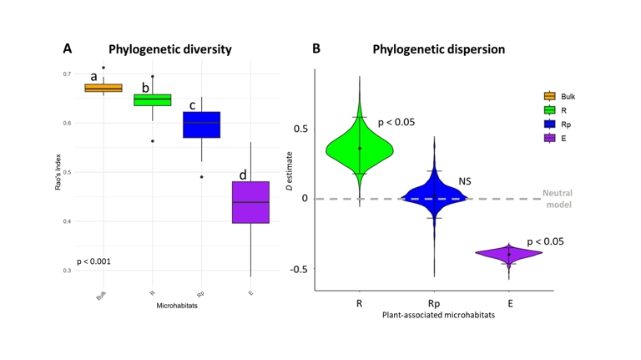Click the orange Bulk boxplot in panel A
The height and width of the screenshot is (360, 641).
coord(103,88)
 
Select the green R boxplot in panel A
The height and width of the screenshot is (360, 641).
coord(152,100)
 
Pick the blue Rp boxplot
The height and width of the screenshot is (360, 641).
coord(201,124)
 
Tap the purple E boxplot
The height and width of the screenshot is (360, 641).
coord(250,202)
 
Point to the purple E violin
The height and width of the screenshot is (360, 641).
coord(508,253)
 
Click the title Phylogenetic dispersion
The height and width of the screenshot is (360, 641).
coord(438,49)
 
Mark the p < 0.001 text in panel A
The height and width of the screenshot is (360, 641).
coord(93,261)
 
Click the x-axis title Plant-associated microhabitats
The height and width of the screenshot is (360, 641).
coord(434,315)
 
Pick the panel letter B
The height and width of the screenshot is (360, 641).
coord(316,49)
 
